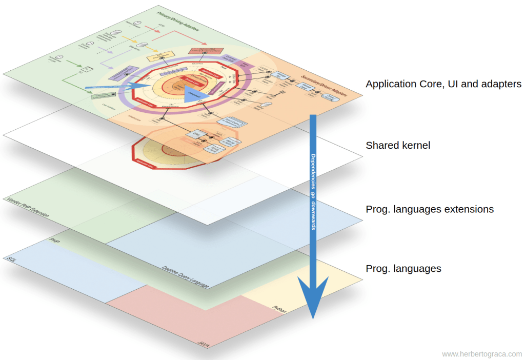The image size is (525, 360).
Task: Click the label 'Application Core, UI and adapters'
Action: pyautogui.click(x=443, y=84)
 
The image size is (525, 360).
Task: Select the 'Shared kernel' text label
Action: pyautogui.click(x=398, y=146)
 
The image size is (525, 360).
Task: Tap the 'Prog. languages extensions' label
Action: pyautogui.click(x=430, y=209)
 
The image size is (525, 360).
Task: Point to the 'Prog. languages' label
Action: pyautogui.click(x=403, y=269)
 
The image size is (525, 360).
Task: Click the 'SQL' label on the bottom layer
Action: pyautogui.click(x=11, y=259)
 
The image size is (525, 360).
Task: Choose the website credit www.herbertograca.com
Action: pyautogui.click(x=481, y=354)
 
